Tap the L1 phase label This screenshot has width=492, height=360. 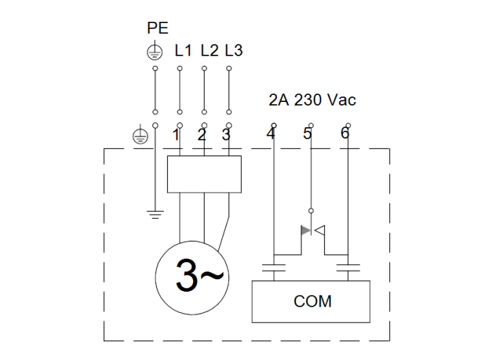(x=183, y=51)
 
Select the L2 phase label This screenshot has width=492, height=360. (x=209, y=51)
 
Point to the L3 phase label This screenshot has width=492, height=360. (x=233, y=51)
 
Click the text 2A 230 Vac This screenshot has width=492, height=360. (x=312, y=100)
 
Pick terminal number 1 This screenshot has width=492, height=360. (x=176, y=135)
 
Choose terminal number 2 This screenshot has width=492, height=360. (x=202, y=135)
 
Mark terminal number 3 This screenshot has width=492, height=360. (x=226, y=135)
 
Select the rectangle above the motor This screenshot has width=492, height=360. (x=204, y=174)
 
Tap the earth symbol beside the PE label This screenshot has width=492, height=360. (x=154, y=51)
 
